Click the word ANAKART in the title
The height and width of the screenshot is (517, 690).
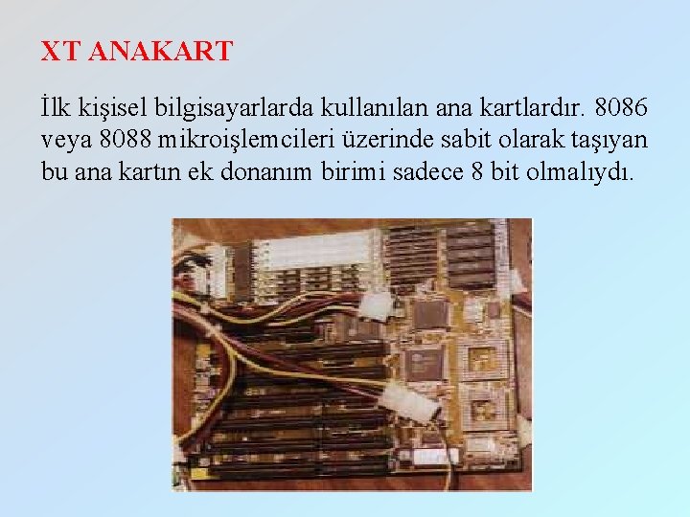161,52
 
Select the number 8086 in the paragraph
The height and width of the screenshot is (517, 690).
620,102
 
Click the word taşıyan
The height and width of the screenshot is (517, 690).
609,140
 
